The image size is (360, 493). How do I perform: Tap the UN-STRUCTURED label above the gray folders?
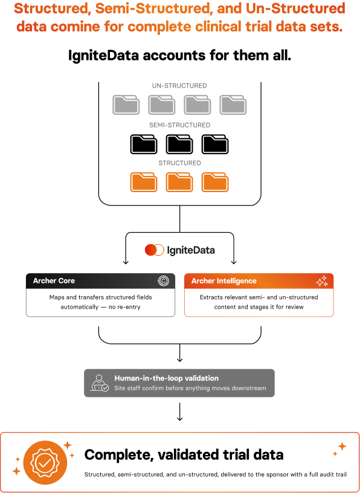point(180,86)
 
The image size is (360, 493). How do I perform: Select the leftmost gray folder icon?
point(126,105)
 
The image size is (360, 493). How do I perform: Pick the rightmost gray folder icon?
point(233,105)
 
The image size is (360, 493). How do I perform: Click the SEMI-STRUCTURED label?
point(180,125)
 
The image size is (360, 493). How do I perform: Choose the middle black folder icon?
point(179,144)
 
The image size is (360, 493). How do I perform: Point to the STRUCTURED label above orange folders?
point(179,163)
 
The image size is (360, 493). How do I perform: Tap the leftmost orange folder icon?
point(144,182)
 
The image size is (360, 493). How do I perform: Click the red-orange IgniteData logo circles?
point(155,250)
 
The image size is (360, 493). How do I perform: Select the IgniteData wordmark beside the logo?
point(191,250)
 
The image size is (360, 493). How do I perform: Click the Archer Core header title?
point(54,281)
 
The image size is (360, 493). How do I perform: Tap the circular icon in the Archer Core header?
point(164,281)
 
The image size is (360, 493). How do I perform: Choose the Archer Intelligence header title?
point(224,281)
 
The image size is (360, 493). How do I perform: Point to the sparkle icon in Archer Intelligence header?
point(322,281)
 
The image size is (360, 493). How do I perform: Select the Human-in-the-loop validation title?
point(166,378)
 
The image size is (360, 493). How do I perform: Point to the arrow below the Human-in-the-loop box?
point(179,411)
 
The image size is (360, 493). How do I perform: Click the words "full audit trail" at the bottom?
point(330,474)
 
